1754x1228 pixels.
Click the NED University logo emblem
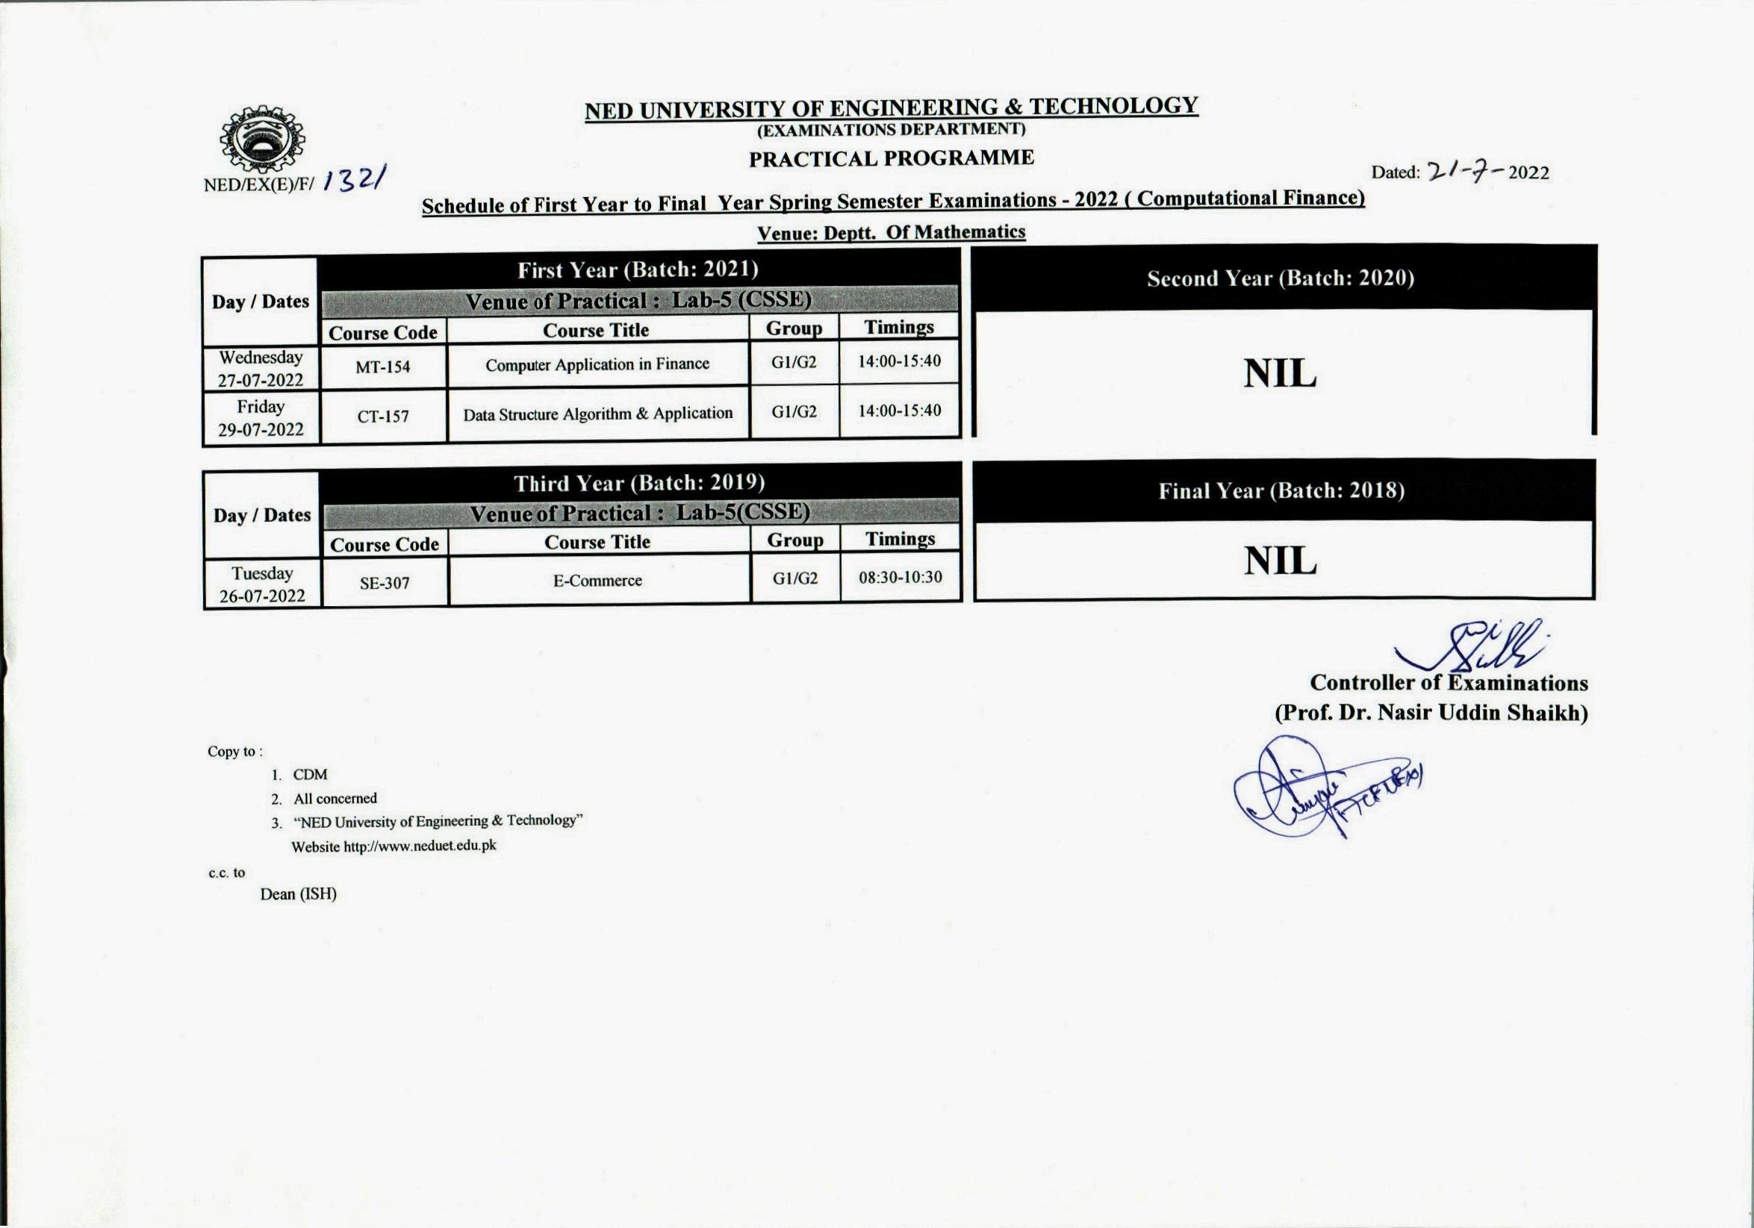click(262, 140)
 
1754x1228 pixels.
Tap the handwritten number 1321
click(355, 180)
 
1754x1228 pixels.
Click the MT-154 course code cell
click(383, 367)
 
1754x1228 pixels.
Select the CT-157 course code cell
click(383, 417)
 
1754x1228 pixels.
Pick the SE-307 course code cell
click(385, 583)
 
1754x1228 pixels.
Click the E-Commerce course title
click(597, 580)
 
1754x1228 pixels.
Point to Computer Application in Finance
click(597, 364)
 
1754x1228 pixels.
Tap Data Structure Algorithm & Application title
click(597, 414)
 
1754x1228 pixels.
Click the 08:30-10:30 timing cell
click(900, 577)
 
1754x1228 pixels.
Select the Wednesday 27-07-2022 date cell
click(261, 369)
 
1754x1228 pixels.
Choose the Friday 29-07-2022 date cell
click(261, 418)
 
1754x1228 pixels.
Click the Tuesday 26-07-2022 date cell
click(262, 585)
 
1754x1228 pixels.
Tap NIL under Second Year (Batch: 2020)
click(1280, 373)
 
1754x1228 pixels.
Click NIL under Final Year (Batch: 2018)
click(1280, 561)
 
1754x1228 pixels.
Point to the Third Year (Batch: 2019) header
click(638, 484)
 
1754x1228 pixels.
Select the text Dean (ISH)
click(298, 894)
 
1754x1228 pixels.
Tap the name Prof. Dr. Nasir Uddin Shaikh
click(1431, 712)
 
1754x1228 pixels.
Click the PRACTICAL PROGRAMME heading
click(891, 159)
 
